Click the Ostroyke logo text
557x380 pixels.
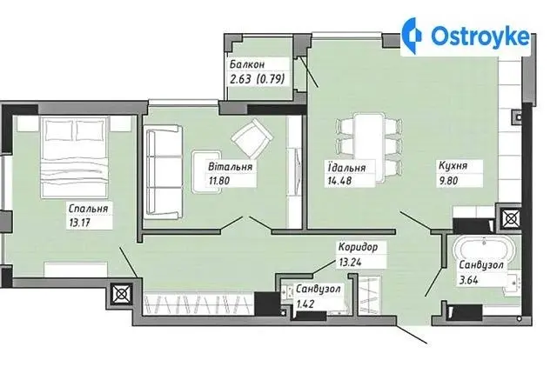click(480, 36)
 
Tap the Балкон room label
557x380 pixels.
click(247, 64)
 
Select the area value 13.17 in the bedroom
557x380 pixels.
click(78, 223)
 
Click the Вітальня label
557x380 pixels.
click(231, 166)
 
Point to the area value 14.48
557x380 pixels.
click(339, 181)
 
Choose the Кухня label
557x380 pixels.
click(453, 166)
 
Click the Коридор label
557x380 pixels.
click(358, 247)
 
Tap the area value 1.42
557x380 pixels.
click(305, 304)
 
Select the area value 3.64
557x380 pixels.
click(468, 280)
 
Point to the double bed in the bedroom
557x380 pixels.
click(74, 157)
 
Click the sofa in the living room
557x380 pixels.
click(163, 172)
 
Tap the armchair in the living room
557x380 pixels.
click(252, 138)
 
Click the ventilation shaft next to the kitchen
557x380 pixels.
click(511, 218)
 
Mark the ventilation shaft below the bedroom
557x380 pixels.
click(121, 294)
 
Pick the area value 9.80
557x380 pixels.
click(448, 181)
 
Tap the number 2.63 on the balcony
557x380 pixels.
click(240, 79)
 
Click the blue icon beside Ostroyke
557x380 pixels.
click(413, 36)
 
